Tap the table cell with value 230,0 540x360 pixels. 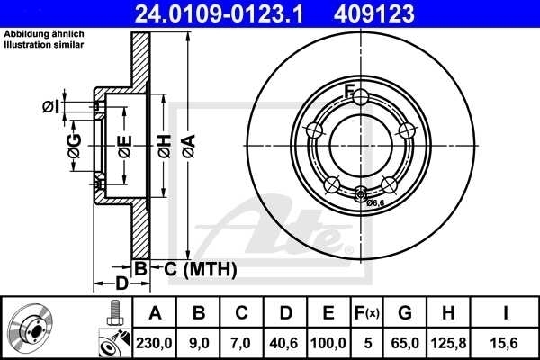155,341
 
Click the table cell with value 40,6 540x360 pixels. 284,341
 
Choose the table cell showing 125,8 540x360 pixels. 448,341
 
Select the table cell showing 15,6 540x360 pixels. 506,341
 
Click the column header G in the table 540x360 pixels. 405,313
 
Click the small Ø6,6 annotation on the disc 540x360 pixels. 375,203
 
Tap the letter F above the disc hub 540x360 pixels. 350,89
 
